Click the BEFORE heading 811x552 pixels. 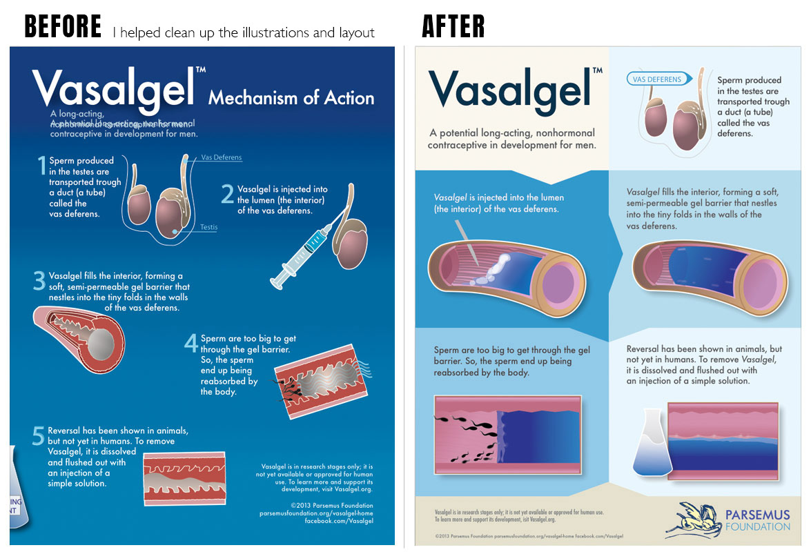click(x=63, y=27)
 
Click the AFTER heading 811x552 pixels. click(x=453, y=27)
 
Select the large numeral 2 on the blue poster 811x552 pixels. click(x=227, y=193)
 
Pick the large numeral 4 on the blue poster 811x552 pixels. click(x=191, y=343)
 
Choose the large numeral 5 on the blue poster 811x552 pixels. click(x=39, y=435)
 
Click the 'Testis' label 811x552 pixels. click(x=208, y=226)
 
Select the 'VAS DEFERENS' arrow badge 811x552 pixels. click(x=658, y=79)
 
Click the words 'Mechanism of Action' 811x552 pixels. click(x=291, y=98)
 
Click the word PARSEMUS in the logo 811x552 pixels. click(x=758, y=514)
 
